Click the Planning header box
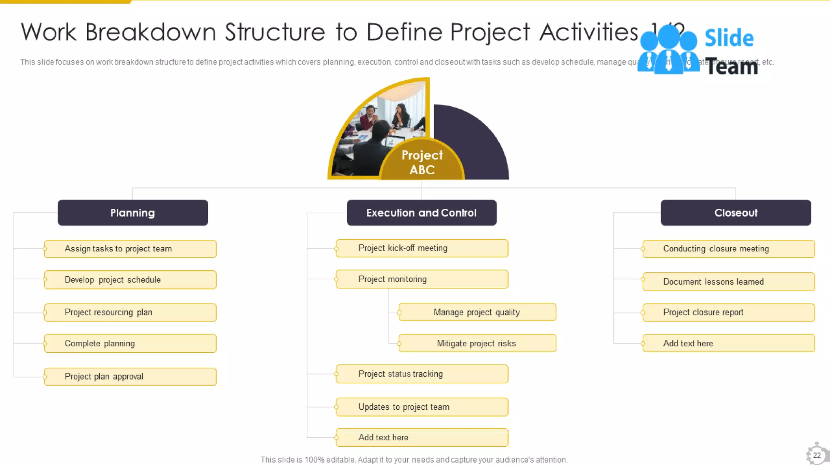click(x=133, y=212)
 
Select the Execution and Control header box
click(x=421, y=212)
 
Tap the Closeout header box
click(x=736, y=212)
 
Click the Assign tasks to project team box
click(x=130, y=248)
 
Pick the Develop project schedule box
click(x=130, y=280)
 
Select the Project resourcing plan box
click(x=130, y=312)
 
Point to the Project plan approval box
click(x=130, y=376)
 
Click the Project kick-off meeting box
click(x=421, y=248)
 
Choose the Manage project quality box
click(x=477, y=312)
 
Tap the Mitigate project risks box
click(x=477, y=343)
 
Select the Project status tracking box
click(x=421, y=374)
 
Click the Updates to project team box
click(x=421, y=407)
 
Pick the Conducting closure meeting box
click(x=728, y=248)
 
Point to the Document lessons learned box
click(x=728, y=281)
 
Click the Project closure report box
click(x=728, y=312)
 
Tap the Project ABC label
click(x=422, y=162)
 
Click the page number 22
click(x=817, y=455)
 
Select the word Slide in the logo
click(x=729, y=38)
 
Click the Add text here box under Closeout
click(x=728, y=343)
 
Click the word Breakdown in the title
click(x=150, y=32)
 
